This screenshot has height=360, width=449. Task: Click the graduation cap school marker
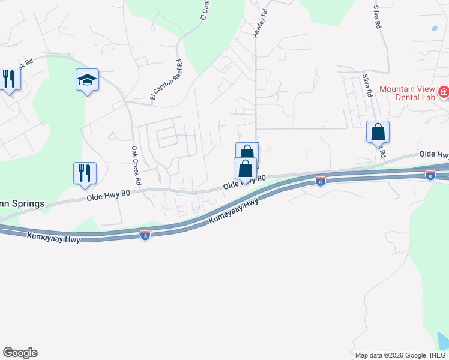[x=87, y=80]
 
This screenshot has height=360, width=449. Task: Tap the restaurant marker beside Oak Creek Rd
[x=85, y=173]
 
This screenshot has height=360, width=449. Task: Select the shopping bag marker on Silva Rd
[x=378, y=132]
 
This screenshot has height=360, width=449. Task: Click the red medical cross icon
[x=444, y=92]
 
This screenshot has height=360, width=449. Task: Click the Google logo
[x=20, y=353]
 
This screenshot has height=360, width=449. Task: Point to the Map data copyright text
[x=401, y=355]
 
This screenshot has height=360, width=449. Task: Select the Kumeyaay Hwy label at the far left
[x=53, y=238]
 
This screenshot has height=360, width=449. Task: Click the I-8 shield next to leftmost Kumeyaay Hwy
[x=145, y=235]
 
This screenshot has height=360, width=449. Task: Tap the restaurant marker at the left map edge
[x=8, y=79]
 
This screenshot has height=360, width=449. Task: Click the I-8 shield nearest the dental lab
[x=430, y=175]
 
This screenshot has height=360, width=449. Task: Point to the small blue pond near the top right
[x=434, y=28]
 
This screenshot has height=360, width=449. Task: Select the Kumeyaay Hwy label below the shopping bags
[x=234, y=212]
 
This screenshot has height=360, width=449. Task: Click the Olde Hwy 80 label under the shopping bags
[x=244, y=182]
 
